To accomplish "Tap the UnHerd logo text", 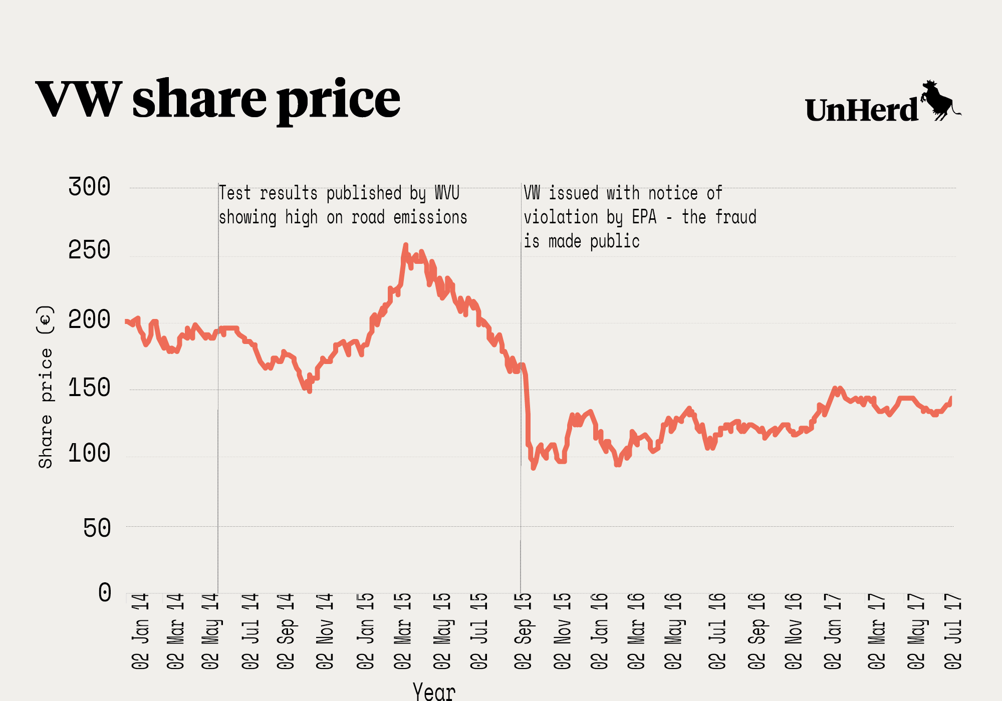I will [x=861, y=111].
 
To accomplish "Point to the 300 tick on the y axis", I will [x=89, y=187].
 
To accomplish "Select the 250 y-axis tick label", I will [x=89, y=250].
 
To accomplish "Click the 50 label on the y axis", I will [x=97, y=528].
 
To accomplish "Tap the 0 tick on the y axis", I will [x=105, y=593].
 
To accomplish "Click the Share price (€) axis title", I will [x=46, y=387].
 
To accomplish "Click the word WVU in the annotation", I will [x=447, y=193].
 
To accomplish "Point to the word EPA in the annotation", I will [x=644, y=217].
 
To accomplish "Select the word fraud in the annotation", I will [x=735, y=217].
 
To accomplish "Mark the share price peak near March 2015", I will [x=406, y=245].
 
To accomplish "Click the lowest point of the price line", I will [x=533, y=468].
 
